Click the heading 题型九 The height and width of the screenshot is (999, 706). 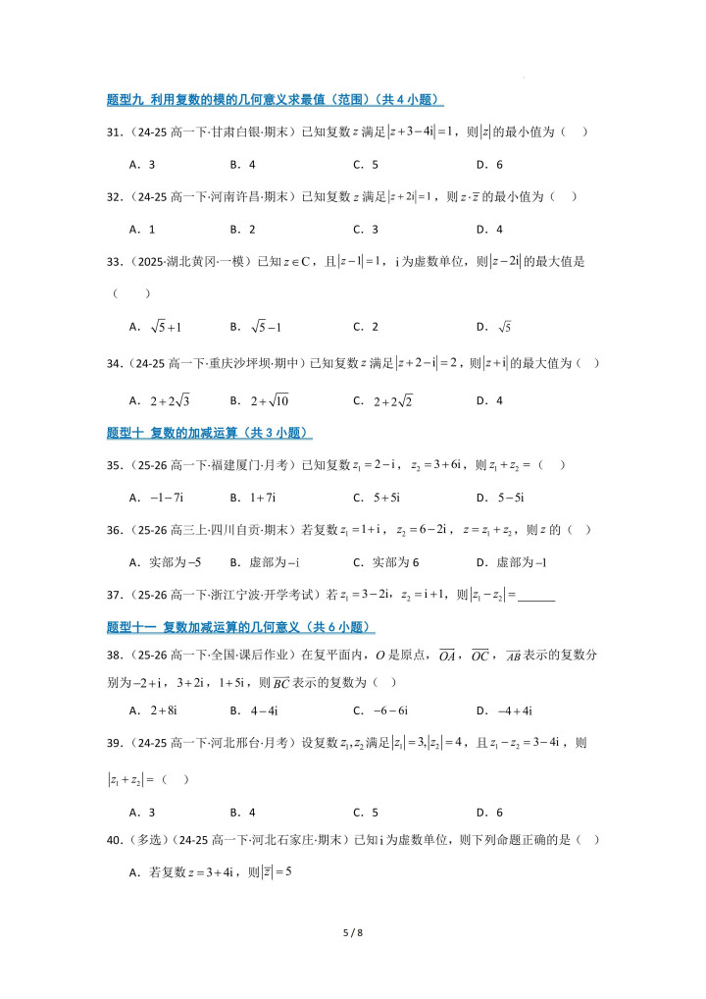point(125,99)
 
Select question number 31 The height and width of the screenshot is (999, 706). point(114,131)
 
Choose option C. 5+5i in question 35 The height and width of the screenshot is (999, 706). point(381,498)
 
